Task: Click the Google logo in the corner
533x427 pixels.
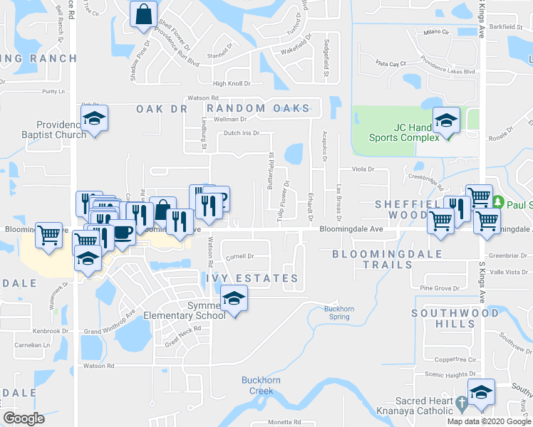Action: pyautogui.click(x=24, y=418)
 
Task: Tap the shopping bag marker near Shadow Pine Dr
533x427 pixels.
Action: pyautogui.click(x=143, y=14)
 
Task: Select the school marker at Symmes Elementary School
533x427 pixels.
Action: pyautogui.click(x=233, y=299)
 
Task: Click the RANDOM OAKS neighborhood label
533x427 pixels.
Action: pyautogui.click(x=274, y=108)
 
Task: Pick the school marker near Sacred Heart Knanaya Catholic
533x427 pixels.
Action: pyautogui.click(x=481, y=393)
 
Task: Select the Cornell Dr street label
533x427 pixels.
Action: pyautogui.click(x=240, y=256)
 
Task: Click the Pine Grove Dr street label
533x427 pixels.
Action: pyautogui.click(x=437, y=288)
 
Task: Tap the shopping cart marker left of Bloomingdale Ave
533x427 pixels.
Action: pyautogui.click(x=48, y=234)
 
